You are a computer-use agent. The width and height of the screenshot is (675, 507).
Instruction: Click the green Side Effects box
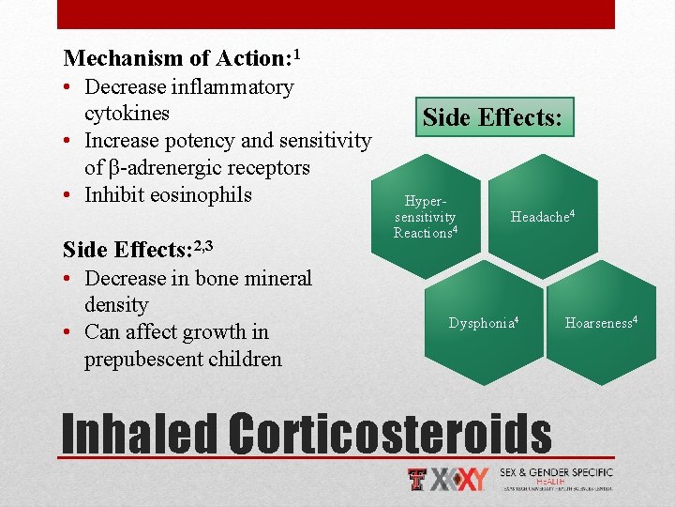[492, 118]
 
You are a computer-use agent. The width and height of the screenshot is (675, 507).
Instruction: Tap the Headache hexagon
[541, 217]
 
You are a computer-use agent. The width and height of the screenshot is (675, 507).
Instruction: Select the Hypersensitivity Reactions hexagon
[427, 218]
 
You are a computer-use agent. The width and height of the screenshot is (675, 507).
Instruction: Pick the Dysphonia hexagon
[484, 323]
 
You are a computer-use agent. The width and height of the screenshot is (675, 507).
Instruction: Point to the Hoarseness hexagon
[601, 323]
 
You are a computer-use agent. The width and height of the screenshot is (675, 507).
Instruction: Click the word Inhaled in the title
[139, 435]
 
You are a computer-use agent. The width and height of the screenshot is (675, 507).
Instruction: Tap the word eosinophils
[205, 195]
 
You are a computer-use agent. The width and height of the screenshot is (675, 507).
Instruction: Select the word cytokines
[127, 114]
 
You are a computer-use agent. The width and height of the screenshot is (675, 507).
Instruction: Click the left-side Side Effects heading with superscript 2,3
[138, 250]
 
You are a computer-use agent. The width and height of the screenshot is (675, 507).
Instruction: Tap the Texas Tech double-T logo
[418, 479]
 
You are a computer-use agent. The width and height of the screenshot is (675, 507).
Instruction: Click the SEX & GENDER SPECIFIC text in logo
[556, 472]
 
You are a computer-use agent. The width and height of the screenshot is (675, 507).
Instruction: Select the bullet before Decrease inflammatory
[69, 87]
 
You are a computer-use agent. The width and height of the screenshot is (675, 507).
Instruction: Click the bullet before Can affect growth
[69, 332]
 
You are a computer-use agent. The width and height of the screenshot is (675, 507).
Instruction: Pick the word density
[116, 305]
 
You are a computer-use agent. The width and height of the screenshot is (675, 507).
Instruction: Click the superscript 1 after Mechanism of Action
[296, 53]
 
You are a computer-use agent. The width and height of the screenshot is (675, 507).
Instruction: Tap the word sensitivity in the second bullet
[323, 141]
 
